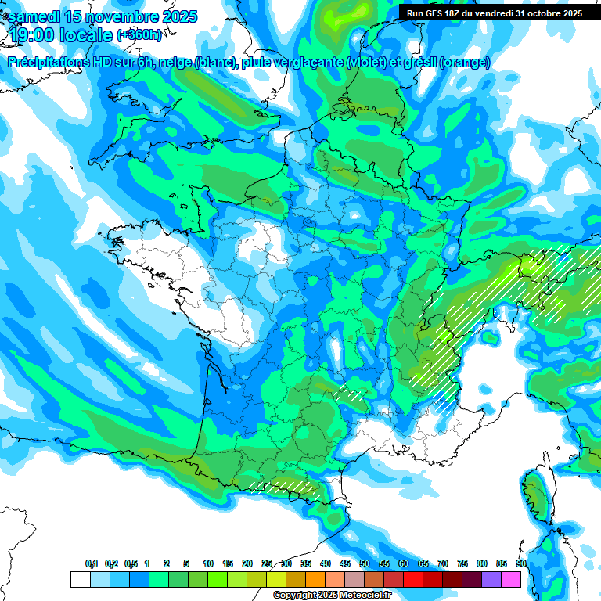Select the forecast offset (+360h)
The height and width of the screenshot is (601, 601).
(140, 35)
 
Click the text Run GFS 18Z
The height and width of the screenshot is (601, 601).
(435, 13)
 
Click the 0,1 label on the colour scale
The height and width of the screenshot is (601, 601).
(92, 564)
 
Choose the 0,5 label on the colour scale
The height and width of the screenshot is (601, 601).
(131, 564)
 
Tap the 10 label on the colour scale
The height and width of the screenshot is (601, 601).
(208, 564)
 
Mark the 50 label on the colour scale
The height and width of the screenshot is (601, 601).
(365, 564)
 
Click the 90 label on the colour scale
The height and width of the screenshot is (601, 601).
(520, 564)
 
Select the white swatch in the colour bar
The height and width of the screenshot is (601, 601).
(80, 579)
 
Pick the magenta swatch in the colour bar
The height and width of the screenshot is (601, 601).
(511, 579)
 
